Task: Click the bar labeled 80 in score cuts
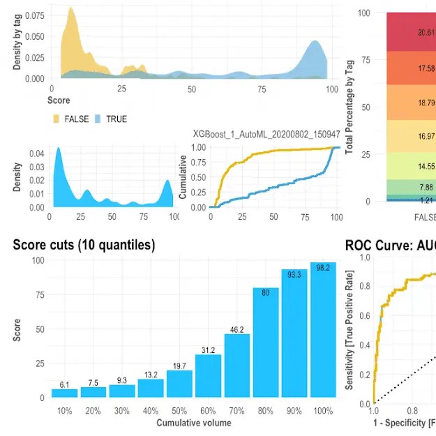point(266,342)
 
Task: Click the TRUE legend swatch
point(98,119)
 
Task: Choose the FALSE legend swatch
point(57,119)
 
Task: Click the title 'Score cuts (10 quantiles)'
point(84,245)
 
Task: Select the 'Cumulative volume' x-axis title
point(194,423)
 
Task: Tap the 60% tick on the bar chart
point(208,410)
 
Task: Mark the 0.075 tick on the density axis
point(33,15)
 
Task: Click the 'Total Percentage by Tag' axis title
point(349,106)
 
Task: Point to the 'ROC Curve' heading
point(390,245)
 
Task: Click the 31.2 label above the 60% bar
point(208,349)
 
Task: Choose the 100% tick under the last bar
point(323,410)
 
